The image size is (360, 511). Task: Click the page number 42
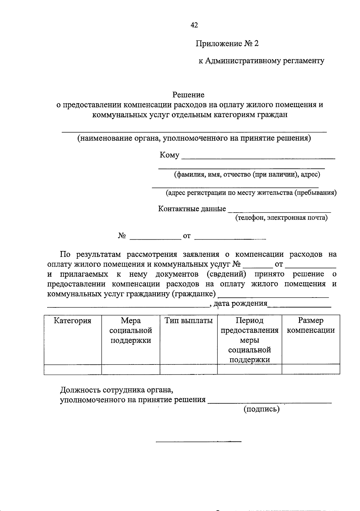pos(194,25)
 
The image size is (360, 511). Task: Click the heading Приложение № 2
pos(227,44)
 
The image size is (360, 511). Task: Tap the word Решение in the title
pos(188,95)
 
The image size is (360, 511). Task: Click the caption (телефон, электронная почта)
pos(281,218)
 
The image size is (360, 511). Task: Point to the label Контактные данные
pos(192,209)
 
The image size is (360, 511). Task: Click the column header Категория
pos(73,321)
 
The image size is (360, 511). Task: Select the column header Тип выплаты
pos(188,321)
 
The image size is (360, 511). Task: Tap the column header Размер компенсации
pos(311,325)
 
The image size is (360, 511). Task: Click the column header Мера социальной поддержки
pos(130,330)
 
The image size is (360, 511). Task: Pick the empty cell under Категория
pos(73,370)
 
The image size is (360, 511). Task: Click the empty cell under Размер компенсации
pos(311,370)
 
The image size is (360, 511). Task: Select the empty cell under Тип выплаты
pos(188,370)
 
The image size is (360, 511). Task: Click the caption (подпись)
pos(261,409)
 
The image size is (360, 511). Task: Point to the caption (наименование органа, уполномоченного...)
pos(194,138)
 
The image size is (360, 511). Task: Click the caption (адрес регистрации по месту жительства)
pos(251,193)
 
